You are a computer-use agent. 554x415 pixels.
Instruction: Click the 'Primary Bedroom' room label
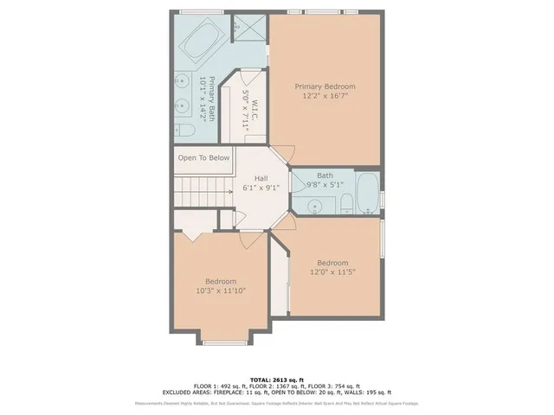325,86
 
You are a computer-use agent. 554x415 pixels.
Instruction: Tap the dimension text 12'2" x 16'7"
325,97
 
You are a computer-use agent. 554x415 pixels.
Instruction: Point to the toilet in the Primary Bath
184,131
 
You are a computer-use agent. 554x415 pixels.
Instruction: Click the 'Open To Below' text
203,158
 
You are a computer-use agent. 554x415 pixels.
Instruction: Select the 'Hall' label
261,178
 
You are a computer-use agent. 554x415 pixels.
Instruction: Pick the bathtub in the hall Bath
367,192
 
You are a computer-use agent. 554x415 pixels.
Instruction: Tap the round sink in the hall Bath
312,205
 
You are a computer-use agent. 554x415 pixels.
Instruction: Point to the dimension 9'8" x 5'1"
325,184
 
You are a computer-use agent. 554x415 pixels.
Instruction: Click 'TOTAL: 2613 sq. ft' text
277,380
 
